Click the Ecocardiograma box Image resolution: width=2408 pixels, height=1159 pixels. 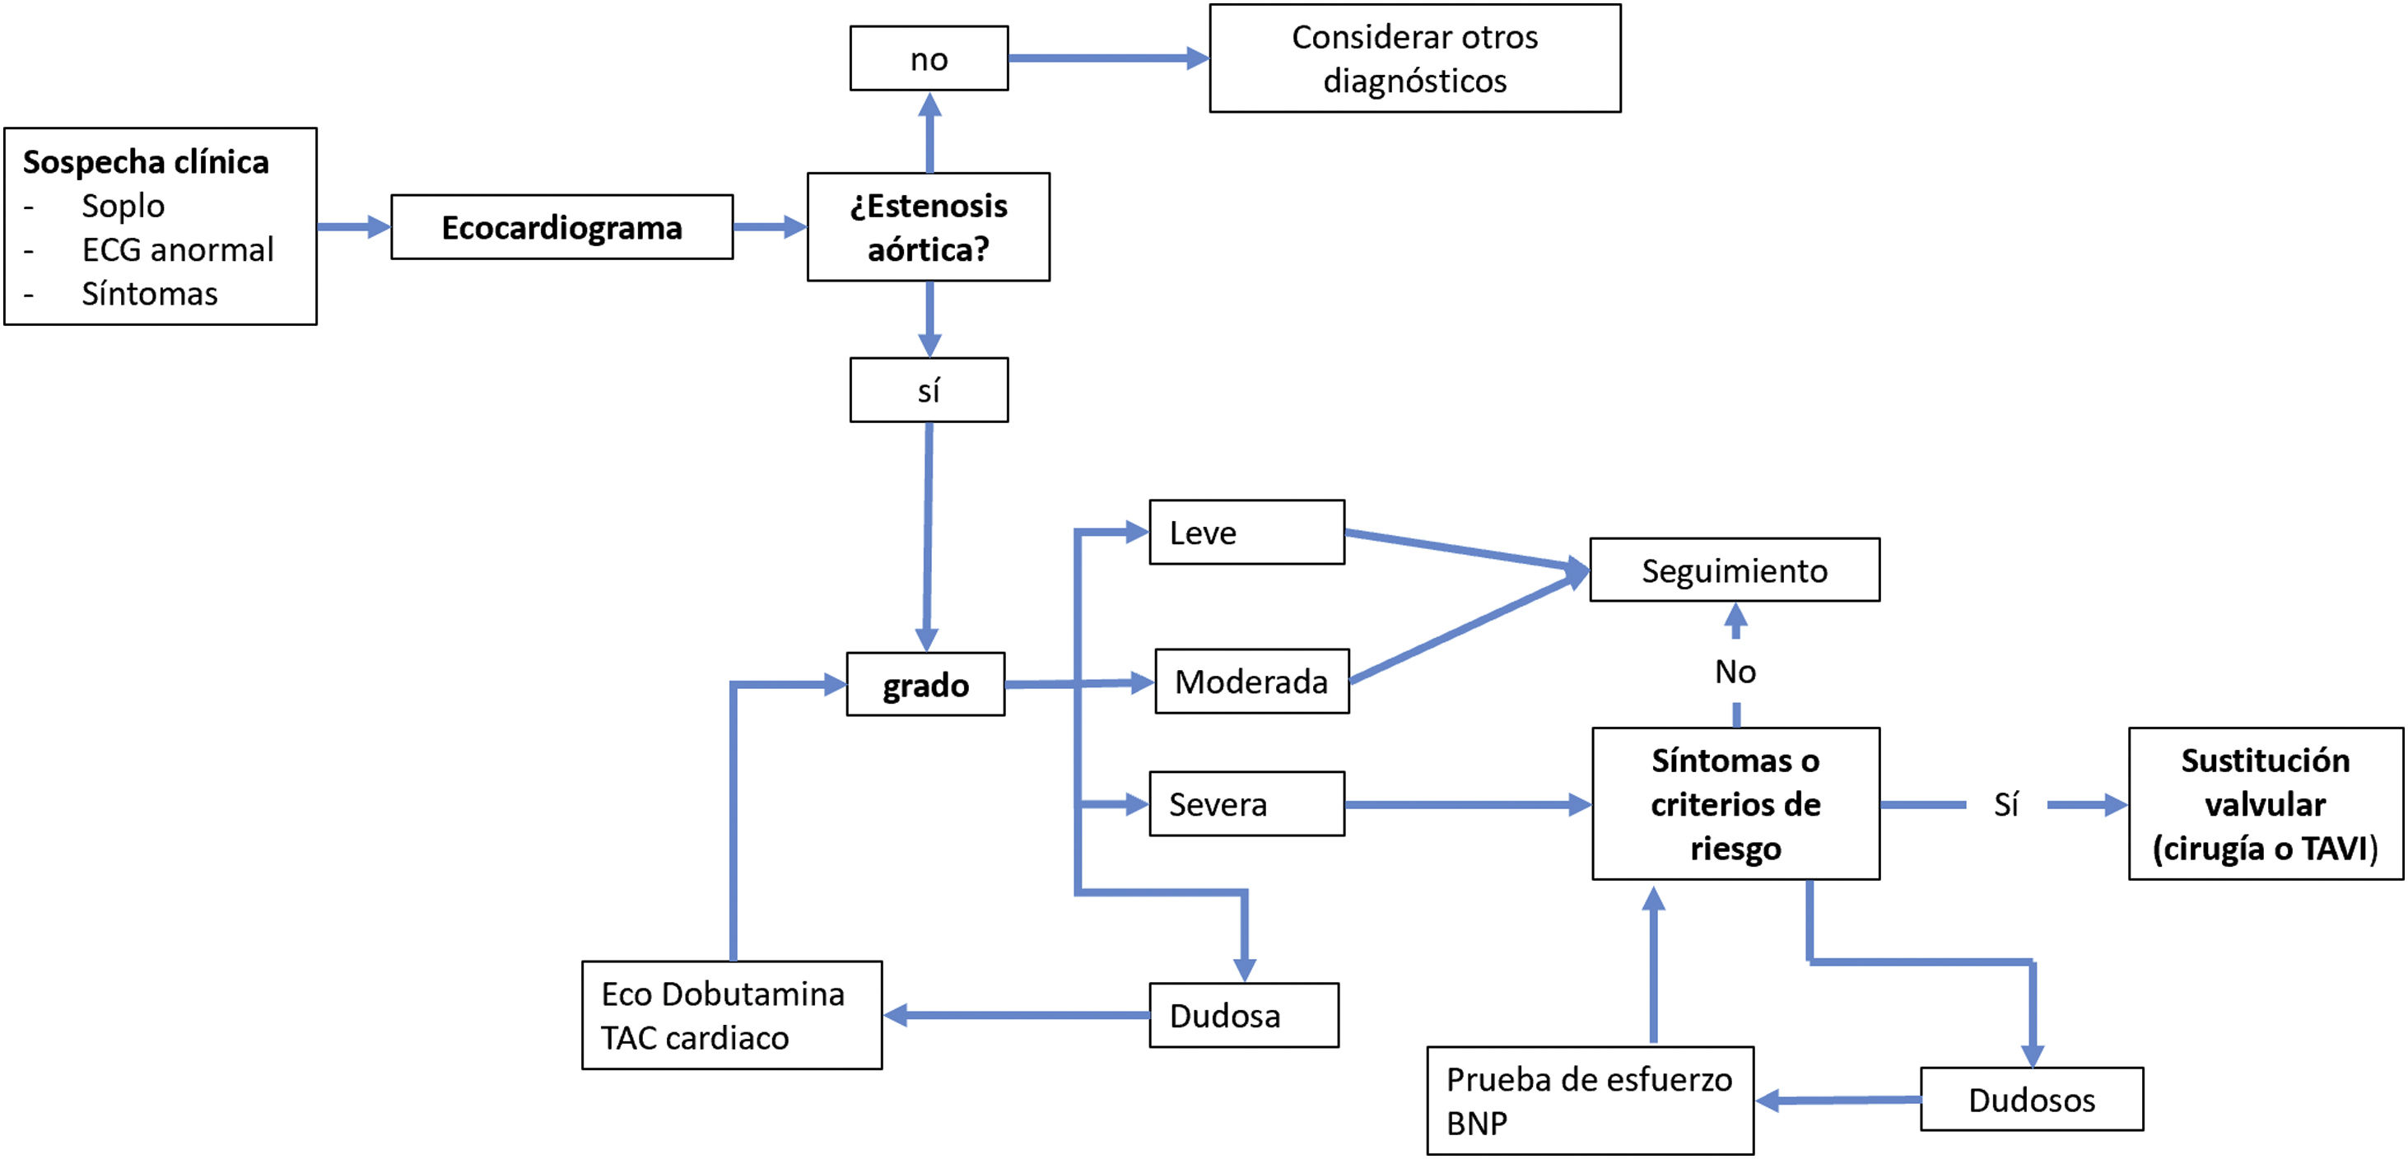[x=561, y=227]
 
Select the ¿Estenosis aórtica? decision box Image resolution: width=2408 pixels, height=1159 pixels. [x=929, y=227]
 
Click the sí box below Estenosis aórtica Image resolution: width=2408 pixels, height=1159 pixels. [x=929, y=389]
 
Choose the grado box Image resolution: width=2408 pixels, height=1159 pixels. [x=925, y=685]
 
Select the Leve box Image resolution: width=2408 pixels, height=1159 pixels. [x=1246, y=533]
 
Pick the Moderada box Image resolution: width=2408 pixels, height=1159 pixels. [x=1251, y=682]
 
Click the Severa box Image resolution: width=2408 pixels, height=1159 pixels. [x=1246, y=804]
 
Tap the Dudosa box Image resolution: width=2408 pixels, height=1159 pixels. [x=1243, y=1015]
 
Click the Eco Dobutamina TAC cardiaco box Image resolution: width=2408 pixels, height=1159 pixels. [x=732, y=1015]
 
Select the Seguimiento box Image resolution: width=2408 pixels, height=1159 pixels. [x=1734, y=570]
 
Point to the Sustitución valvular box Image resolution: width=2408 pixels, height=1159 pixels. [x=2265, y=804]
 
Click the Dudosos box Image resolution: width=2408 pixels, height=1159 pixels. [x=2031, y=1099]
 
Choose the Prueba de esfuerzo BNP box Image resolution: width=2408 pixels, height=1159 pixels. [x=1589, y=1100]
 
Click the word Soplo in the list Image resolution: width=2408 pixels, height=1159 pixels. [x=123, y=206]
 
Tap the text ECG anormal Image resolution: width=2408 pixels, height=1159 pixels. [x=178, y=249]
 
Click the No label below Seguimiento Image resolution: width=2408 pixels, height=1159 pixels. [x=1735, y=671]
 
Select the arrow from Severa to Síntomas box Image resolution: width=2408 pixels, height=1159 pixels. [x=1468, y=804]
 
